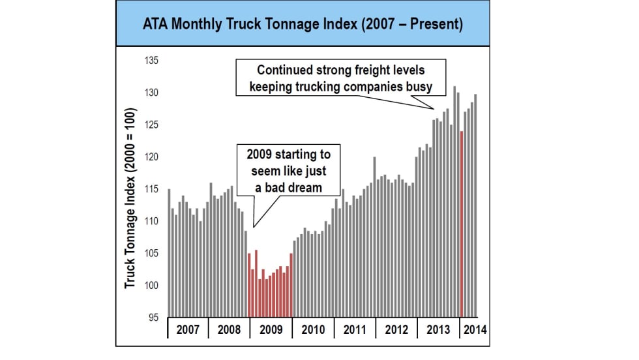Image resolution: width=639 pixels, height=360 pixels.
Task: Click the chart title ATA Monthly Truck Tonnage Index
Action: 303,25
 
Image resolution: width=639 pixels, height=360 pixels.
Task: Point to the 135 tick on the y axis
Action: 151,61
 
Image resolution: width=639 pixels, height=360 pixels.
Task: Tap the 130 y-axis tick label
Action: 151,93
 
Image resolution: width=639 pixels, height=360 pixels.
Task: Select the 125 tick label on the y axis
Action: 151,125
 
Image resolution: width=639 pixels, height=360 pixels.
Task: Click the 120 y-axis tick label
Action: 151,157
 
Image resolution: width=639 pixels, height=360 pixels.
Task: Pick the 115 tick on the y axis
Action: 151,189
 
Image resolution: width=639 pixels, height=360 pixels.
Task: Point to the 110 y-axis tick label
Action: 151,222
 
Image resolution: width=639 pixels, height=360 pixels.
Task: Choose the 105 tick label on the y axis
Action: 151,254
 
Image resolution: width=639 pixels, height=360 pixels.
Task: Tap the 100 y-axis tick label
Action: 151,286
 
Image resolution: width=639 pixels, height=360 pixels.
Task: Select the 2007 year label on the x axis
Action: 188,329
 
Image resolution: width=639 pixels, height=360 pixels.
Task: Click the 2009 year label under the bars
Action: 271,329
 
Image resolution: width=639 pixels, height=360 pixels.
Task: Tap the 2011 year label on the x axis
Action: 355,329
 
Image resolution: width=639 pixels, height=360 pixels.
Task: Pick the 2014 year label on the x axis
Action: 474,329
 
